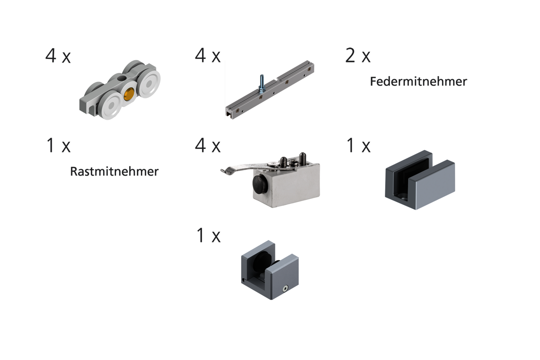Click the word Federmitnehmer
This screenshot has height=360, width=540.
coord(418,81)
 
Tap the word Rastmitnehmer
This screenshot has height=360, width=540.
coord(114,171)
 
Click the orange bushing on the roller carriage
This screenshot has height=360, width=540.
coord(129,94)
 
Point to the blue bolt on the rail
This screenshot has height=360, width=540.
coord(262,83)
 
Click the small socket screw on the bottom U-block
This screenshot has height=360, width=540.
coord(285,288)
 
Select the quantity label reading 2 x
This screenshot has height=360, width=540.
coord(358,56)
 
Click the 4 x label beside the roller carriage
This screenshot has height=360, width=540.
coord(58,56)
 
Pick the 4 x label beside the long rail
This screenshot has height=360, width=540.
coord(208,55)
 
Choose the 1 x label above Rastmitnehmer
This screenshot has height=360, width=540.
coord(58,145)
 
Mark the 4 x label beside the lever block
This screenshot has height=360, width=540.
coord(208,145)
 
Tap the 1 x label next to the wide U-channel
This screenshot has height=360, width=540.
coord(359,145)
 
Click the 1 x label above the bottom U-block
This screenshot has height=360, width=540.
coord(208,235)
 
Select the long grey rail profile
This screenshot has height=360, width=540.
coord(270,90)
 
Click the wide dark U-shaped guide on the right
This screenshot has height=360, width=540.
coord(420,180)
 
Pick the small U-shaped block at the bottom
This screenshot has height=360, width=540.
coord(270,270)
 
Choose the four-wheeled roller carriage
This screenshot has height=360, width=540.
coord(120,90)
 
